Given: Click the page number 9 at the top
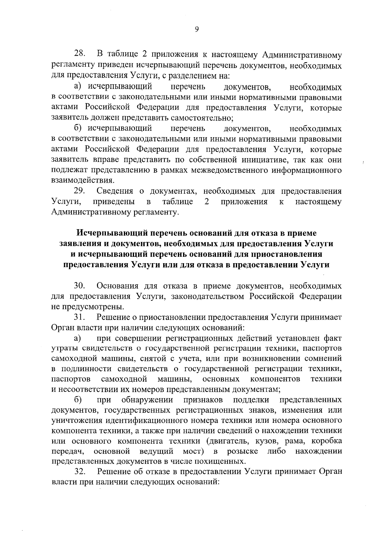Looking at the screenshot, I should click(196, 29).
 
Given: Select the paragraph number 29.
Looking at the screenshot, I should click(79, 191).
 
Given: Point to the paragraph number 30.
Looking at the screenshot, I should click(79, 285).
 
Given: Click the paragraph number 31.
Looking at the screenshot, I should click(79, 317).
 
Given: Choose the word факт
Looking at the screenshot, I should click(332, 338).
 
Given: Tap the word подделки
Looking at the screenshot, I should click(251, 400).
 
